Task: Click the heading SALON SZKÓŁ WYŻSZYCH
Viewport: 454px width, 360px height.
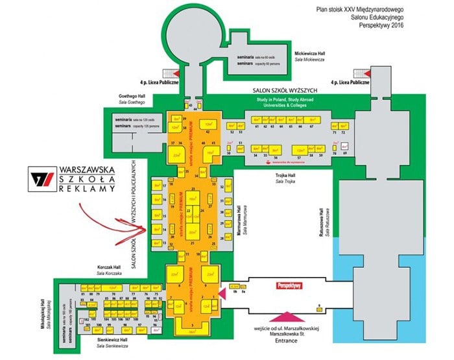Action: point(281,90)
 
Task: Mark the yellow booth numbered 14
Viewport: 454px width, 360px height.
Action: point(156,230)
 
